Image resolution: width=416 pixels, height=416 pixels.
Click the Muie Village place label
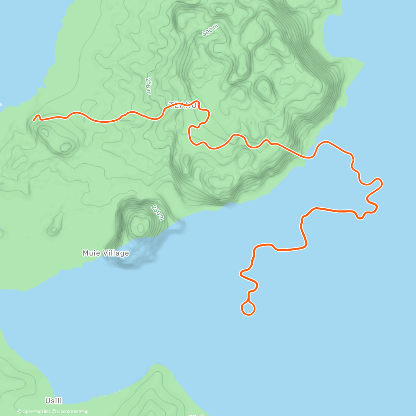point(106,253)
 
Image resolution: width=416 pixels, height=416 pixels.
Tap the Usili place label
point(54,401)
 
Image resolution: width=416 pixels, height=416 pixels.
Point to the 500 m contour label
point(210,31)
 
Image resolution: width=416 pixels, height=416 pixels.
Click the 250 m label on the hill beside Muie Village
point(157,213)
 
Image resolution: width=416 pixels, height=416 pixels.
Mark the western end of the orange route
point(34,120)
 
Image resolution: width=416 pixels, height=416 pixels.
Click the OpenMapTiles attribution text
point(34,411)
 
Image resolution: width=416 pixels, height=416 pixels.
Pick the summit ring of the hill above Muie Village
point(141,227)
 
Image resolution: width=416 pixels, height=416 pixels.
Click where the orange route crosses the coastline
point(306,157)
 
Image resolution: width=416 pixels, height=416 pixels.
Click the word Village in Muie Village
point(115,253)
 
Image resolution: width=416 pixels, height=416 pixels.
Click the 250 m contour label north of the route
point(148,86)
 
